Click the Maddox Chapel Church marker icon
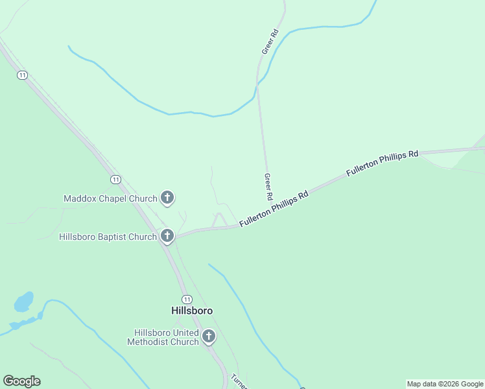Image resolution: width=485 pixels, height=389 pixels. (x=167, y=197)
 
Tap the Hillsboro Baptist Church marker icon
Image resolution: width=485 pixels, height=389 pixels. (x=167, y=235)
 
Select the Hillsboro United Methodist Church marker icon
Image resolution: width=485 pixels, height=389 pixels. (x=208, y=336)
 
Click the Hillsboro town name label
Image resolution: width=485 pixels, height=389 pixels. (x=192, y=311)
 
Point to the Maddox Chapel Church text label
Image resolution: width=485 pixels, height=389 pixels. (x=110, y=198)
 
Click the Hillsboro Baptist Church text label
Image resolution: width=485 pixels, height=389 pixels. (x=108, y=237)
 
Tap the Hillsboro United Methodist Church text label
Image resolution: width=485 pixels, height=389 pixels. (x=163, y=337)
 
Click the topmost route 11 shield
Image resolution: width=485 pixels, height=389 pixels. (x=23, y=75)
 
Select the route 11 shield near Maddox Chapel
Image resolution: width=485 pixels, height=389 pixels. (x=115, y=179)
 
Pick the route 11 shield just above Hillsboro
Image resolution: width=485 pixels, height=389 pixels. (x=187, y=299)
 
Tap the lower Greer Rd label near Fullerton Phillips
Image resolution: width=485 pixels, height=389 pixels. (x=267, y=186)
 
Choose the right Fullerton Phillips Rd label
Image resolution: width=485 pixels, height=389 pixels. (x=382, y=163)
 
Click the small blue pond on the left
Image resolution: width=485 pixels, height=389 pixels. (x=24, y=301)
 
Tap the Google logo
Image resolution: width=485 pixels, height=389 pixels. (x=21, y=381)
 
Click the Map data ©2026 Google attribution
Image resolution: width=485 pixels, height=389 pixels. (x=445, y=384)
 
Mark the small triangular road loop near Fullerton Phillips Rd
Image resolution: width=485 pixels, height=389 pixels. (x=219, y=221)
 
